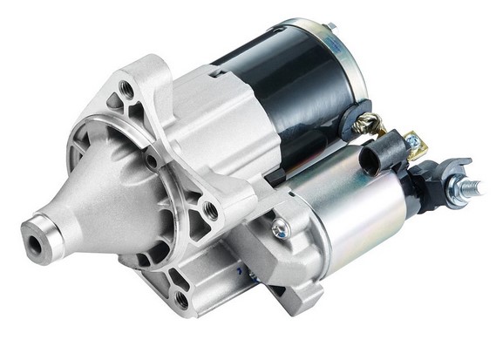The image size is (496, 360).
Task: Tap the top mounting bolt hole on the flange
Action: tap(127, 89)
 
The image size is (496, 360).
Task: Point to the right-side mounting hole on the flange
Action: tap(210, 210)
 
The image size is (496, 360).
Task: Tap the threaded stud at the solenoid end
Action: tap(472, 187)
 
